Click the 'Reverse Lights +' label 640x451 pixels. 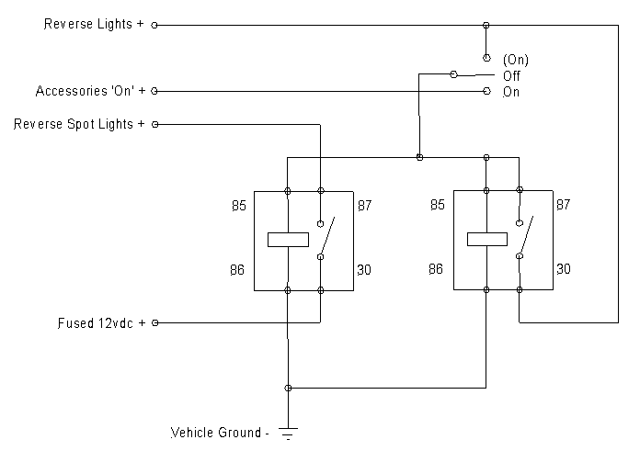tap(94, 25)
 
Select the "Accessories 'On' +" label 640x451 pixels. tap(89, 91)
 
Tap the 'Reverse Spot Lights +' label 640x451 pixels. tap(79, 124)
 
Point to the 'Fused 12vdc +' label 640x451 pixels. tap(100, 323)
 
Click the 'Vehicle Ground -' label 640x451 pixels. tap(220, 432)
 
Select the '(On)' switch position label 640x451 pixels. tap(516, 60)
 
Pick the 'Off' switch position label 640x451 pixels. tap(511, 75)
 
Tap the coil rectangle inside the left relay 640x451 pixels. tap(288, 240)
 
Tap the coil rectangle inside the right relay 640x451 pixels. tap(486, 240)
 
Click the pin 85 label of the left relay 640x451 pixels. tap(239, 206)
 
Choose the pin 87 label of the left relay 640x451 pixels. tap(365, 206)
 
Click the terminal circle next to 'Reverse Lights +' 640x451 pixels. tap(154, 25)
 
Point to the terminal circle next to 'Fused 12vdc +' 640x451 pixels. tap(154, 323)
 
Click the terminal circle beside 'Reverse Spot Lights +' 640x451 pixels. tap(154, 124)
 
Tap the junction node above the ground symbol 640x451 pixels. tap(289, 389)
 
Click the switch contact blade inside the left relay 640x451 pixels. tap(326, 237)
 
